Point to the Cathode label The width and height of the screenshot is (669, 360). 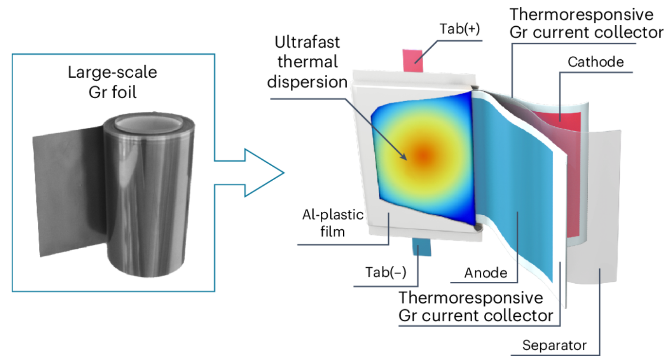pos(596,62)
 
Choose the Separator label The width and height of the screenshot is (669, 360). pos(554,346)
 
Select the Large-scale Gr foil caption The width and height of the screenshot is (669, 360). pos(112,82)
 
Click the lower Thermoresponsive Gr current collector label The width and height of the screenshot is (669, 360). pos(475,306)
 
